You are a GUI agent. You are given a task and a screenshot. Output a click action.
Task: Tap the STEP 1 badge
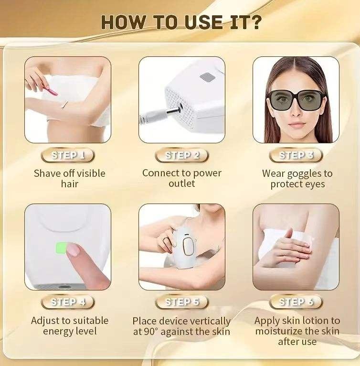tap(68, 155)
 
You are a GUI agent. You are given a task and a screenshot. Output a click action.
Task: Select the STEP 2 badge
tap(182, 155)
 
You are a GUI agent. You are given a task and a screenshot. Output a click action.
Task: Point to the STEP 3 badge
tap(296, 155)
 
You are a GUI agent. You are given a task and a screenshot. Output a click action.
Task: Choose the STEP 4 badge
tap(68, 302)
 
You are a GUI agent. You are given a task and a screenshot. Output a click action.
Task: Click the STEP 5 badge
tap(182, 302)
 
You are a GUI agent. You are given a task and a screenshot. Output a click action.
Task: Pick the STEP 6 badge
tap(296, 302)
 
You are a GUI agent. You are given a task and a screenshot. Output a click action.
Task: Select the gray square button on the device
tap(207, 77)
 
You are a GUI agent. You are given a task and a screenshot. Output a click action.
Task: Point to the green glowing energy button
tap(61, 248)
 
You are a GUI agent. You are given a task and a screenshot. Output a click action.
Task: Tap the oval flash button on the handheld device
tap(188, 247)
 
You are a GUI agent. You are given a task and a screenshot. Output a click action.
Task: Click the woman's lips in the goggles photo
tap(296, 125)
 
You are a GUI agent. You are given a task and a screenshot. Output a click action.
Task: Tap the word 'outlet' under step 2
tap(182, 183)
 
